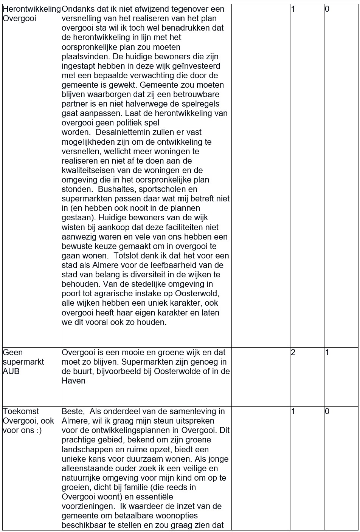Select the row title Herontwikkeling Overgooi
click(31, 14)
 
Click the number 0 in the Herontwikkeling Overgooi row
click(327, 9)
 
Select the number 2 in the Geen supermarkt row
click(293, 353)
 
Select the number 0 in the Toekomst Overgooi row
click(327, 411)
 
